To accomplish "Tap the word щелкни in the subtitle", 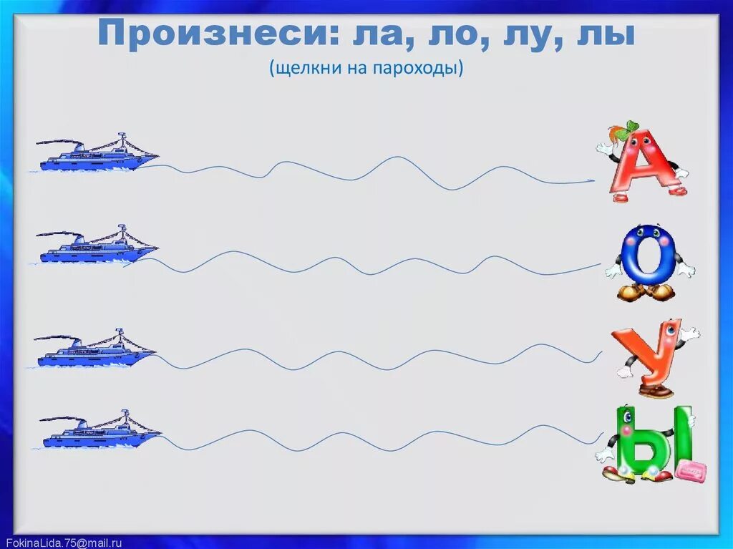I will [x=301, y=69].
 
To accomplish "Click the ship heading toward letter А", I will [x=97, y=155].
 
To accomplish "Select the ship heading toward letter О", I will [x=97, y=246].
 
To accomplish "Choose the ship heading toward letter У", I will [x=94, y=351].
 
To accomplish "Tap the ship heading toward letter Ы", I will [x=99, y=432].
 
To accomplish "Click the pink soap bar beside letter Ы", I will [x=691, y=471].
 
